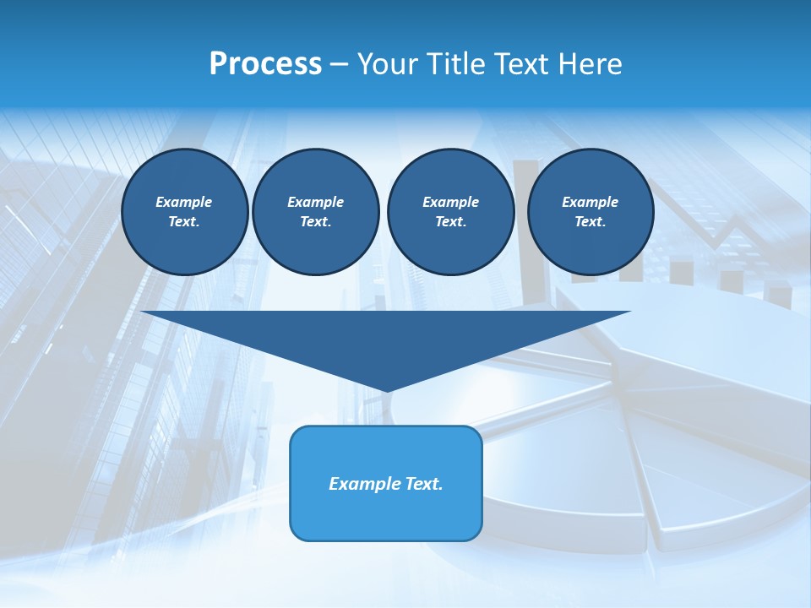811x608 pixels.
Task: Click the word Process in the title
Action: (265, 64)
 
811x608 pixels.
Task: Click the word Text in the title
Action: (523, 64)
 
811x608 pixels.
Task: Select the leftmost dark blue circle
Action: (184, 212)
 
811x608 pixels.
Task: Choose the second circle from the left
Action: (315, 212)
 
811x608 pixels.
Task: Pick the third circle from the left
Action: (450, 212)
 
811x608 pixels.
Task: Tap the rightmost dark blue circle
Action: (590, 212)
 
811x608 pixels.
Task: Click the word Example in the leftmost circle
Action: (184, 202)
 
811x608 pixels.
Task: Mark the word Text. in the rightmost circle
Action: (590, 222)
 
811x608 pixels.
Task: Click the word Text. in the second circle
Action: (315, 222)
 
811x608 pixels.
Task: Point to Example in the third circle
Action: (450, 202)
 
